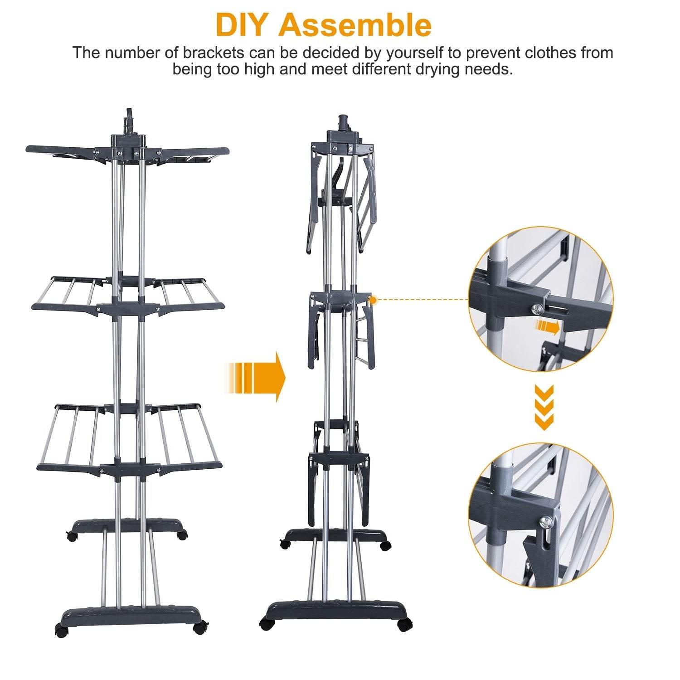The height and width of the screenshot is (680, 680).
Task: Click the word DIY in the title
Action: click(x=243, y=25)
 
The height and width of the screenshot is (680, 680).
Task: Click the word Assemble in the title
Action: click(x=355, y=25)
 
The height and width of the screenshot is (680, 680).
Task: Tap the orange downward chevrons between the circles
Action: click(x=544, y=407)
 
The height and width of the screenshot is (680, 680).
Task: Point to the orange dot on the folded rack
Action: click(x=373, y=300)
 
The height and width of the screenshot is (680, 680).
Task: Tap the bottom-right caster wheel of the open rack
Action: click(x=199, y=628)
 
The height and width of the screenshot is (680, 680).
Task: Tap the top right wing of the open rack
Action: click(x=195, y=151)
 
